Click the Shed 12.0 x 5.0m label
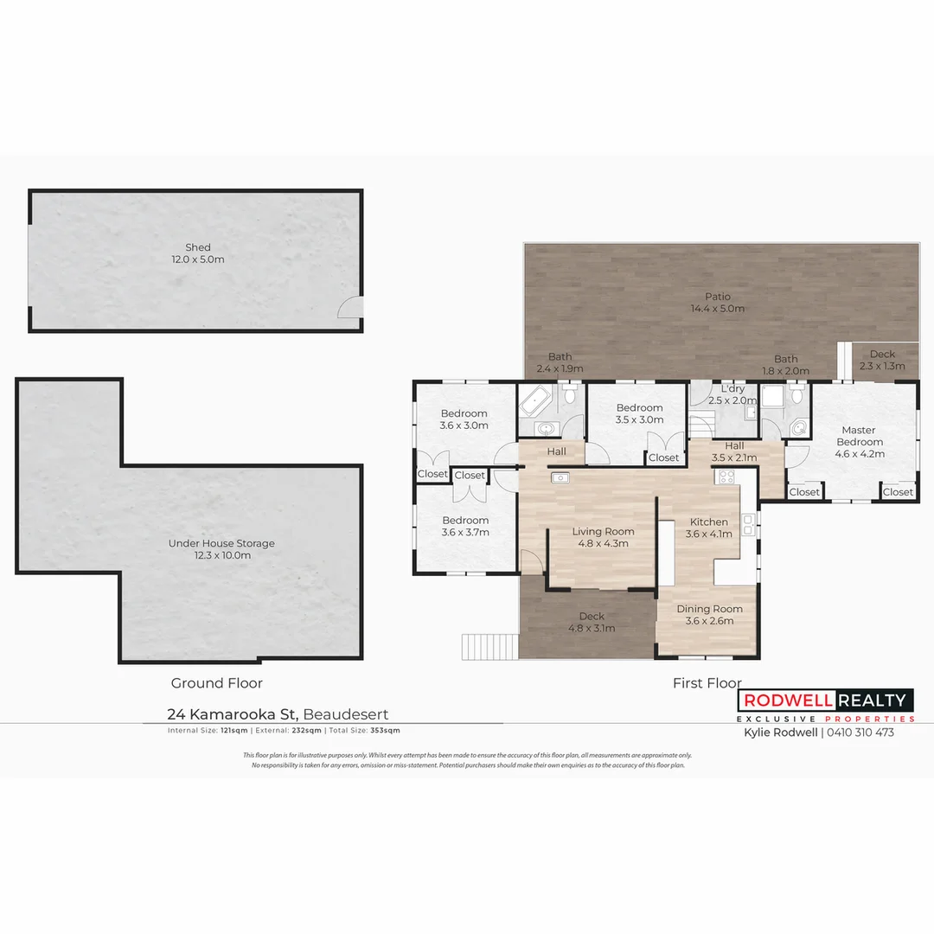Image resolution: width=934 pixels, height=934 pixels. point(197,253)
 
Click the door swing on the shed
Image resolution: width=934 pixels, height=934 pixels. point(349,308)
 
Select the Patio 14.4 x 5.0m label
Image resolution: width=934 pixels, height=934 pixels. point(717,303)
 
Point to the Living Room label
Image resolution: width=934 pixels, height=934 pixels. point(603,537)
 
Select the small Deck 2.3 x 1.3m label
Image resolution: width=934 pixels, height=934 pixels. point(882,360)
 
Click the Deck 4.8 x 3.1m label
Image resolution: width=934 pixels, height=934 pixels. point(592,622)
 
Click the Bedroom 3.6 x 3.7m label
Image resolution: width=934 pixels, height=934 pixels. point(465,526)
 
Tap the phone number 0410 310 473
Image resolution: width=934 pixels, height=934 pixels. point(861,732)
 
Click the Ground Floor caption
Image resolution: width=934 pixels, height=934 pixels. point(216,683)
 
